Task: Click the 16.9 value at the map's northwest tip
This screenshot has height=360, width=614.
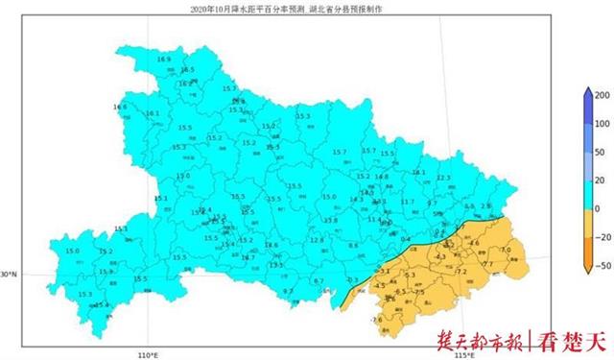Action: [163, 60]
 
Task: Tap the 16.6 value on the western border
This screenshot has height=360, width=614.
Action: [120, 107]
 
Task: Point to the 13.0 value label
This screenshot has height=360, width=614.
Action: [183, 177]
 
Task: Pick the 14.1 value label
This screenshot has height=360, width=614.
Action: [418, 173]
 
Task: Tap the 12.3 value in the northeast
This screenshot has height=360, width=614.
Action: [443, 178]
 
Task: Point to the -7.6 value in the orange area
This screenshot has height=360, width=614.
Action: [376, 319]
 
